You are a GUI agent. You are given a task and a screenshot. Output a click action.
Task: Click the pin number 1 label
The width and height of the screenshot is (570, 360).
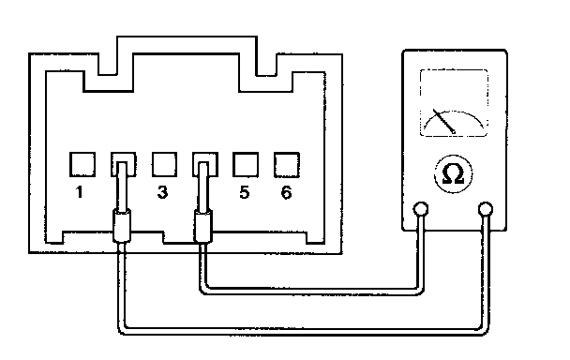[x=80, y=192]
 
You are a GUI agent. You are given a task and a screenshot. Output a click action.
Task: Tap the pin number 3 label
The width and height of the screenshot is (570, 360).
[x=162, y=192]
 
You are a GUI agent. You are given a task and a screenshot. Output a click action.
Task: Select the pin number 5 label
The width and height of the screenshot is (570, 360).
[x=245, y=192]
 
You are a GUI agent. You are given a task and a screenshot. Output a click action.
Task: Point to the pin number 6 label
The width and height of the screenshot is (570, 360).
[x=287, y=192]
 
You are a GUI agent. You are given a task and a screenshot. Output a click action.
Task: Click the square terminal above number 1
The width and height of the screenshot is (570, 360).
[x=82, y=164]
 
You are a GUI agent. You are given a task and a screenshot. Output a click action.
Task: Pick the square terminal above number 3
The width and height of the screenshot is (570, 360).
[x=164, y=164]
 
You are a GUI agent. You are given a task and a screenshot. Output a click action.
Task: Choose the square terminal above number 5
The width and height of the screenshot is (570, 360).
[x=246, y=164]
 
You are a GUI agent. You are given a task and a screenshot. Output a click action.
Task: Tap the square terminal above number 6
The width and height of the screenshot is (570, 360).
[x=287, y=165]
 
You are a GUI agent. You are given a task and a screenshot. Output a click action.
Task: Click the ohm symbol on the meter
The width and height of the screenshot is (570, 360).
[x=454, y=174]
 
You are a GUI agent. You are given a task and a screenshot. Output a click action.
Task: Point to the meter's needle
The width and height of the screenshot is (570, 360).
[x=443, y=121]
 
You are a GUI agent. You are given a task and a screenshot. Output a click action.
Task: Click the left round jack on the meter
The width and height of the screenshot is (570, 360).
[x=421, y=209]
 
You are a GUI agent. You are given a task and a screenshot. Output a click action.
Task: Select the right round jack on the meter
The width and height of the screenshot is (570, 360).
[x=486, y=209]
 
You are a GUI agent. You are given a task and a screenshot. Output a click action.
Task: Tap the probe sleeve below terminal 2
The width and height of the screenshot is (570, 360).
[x=122, y=225]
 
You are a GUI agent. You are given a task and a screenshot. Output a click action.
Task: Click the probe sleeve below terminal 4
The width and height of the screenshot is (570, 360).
[x=203, y=225]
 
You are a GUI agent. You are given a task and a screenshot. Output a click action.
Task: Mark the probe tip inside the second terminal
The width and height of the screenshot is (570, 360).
[x=122, y=186]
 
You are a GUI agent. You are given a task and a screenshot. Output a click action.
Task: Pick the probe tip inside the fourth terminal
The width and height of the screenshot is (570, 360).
[x=203, y=186]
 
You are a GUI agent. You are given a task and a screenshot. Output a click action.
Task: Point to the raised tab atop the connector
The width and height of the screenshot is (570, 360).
[x=187, y=37]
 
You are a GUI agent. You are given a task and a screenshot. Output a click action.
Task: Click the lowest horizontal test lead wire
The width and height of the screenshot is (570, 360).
[x=303, y=332]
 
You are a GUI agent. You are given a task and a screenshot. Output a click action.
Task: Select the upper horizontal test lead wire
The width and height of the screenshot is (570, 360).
[x=312, y=291]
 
